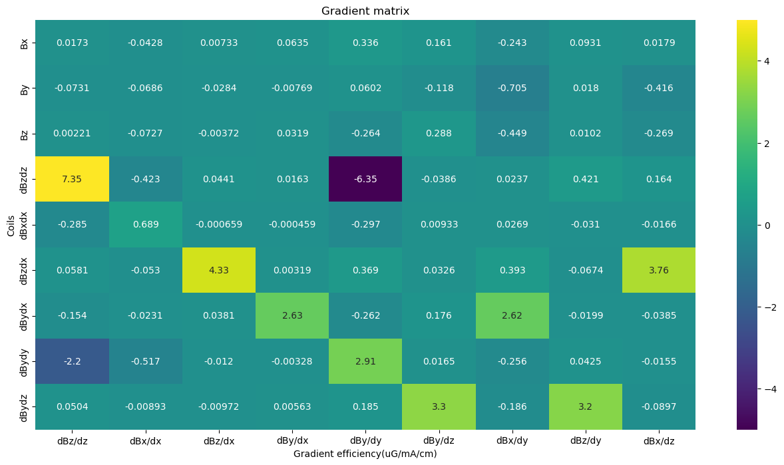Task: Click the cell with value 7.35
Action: (72, 179)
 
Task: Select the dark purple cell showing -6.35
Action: (365, 179)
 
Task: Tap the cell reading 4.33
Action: (219, 270)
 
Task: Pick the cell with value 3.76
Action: (659, 270)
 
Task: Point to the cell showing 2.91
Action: (365, 361)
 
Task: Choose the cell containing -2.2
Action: (72, 361)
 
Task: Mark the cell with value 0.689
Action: (145, 225)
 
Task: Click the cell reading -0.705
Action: (512, 88)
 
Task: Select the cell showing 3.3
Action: (439, 406)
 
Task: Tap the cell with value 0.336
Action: (365, 43)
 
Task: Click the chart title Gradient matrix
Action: (365, 11)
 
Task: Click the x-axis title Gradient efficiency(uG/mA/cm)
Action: (365, 454)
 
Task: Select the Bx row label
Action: (25, 43)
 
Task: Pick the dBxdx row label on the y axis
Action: (25, 225)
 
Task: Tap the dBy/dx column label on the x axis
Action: (292, 441)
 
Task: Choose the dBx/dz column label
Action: (659, 441)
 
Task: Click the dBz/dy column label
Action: (586, 441)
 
